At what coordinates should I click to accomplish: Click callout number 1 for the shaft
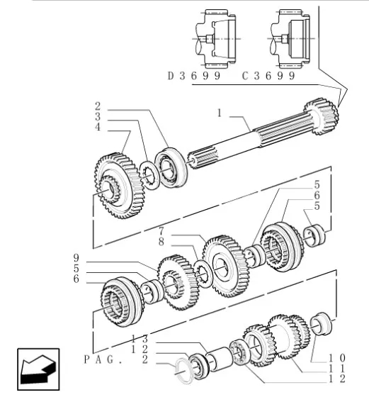[220, 113]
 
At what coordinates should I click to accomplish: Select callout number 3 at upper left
[98, 116]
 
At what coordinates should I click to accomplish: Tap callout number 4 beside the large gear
[98, 127]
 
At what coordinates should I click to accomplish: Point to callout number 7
[161, 231]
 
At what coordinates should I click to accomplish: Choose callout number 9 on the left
[76, 258]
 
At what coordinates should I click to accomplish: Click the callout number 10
[337, 358]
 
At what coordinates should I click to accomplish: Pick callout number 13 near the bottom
[140, 339]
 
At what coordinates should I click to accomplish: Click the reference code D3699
[194, 76]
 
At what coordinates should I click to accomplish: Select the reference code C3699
[268, 76]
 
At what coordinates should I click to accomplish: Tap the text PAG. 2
[116, 359]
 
